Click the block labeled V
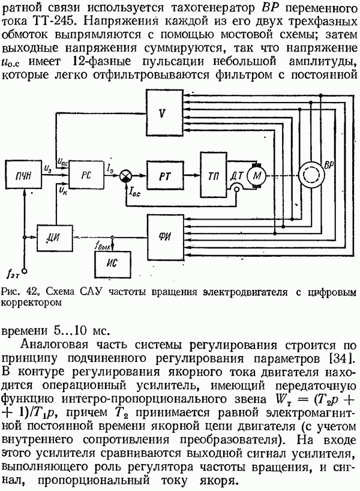(162, 113)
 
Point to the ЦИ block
(52, 232)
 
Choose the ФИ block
(163, 232)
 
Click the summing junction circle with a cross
(126, 174)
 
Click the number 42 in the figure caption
(28, 291)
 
